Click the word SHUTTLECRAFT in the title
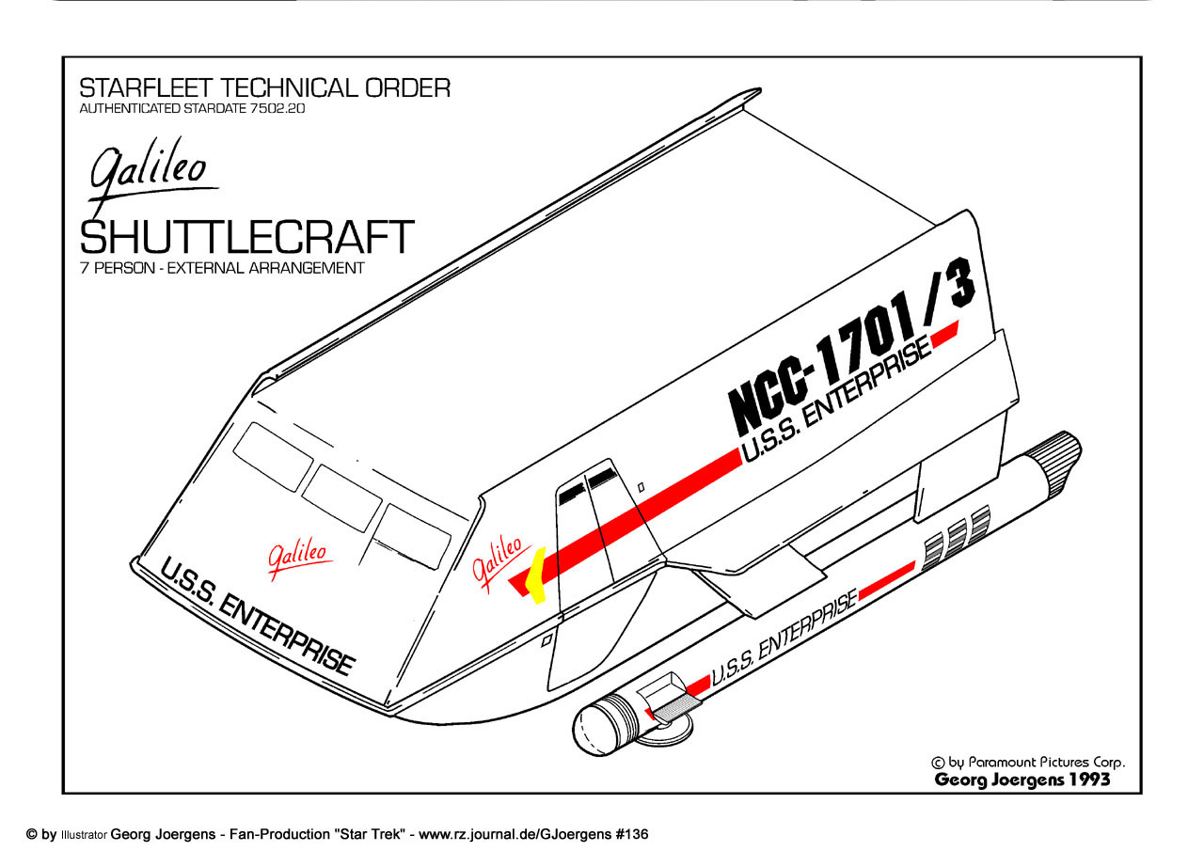[246, 237]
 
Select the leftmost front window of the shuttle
[273, 456]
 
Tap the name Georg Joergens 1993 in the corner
[1022, 780]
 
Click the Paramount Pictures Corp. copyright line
[1027, 763]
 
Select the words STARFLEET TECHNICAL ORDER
[264, 88]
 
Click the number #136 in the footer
[635, 834]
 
